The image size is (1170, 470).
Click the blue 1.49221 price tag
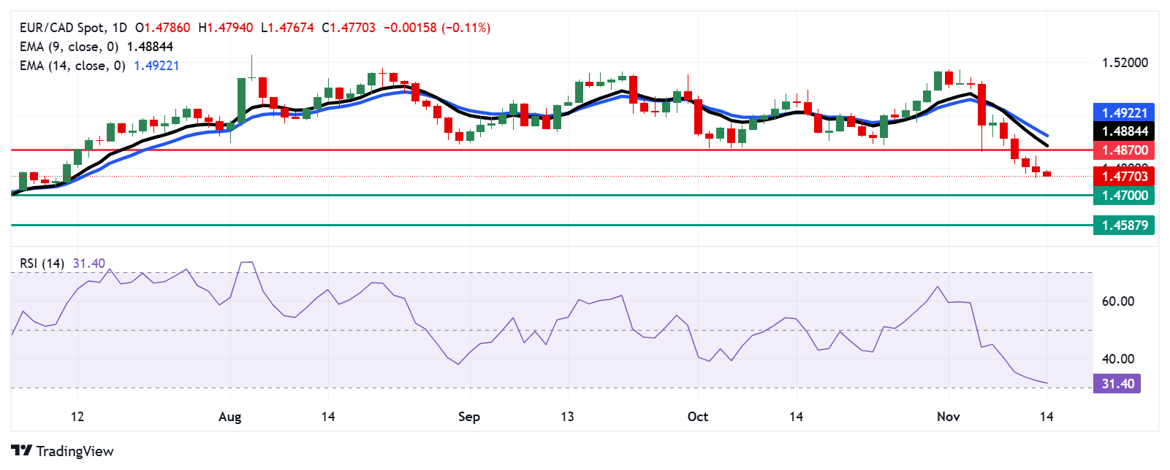point(1124,112)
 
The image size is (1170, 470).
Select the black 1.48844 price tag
point(1124,131)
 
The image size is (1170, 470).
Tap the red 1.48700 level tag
point(1124,150)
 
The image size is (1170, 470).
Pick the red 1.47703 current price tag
point(1124,176)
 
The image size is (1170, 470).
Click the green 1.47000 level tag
point(1124,196)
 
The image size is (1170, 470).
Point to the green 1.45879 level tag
point(1124,226)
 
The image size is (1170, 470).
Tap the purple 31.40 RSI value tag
point(1117,384)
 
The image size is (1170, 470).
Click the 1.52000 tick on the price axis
point(1125,63)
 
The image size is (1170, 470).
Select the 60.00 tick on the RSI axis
point(1118,301)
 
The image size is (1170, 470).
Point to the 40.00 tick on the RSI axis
point(1118,359)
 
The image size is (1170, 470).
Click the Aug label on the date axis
point(229,417)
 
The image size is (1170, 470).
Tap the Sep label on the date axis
point(469,417)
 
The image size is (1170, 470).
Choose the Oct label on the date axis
point(698,417)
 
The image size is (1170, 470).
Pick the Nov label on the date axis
point(948,417)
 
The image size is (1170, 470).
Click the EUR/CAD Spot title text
point(62,28)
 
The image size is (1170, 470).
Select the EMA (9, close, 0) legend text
point(69,47)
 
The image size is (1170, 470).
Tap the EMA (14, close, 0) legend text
point(72,66)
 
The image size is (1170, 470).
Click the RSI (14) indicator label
point(42,263)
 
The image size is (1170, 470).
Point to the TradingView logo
point(63,451)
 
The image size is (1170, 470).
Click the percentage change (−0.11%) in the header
point(466,28)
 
